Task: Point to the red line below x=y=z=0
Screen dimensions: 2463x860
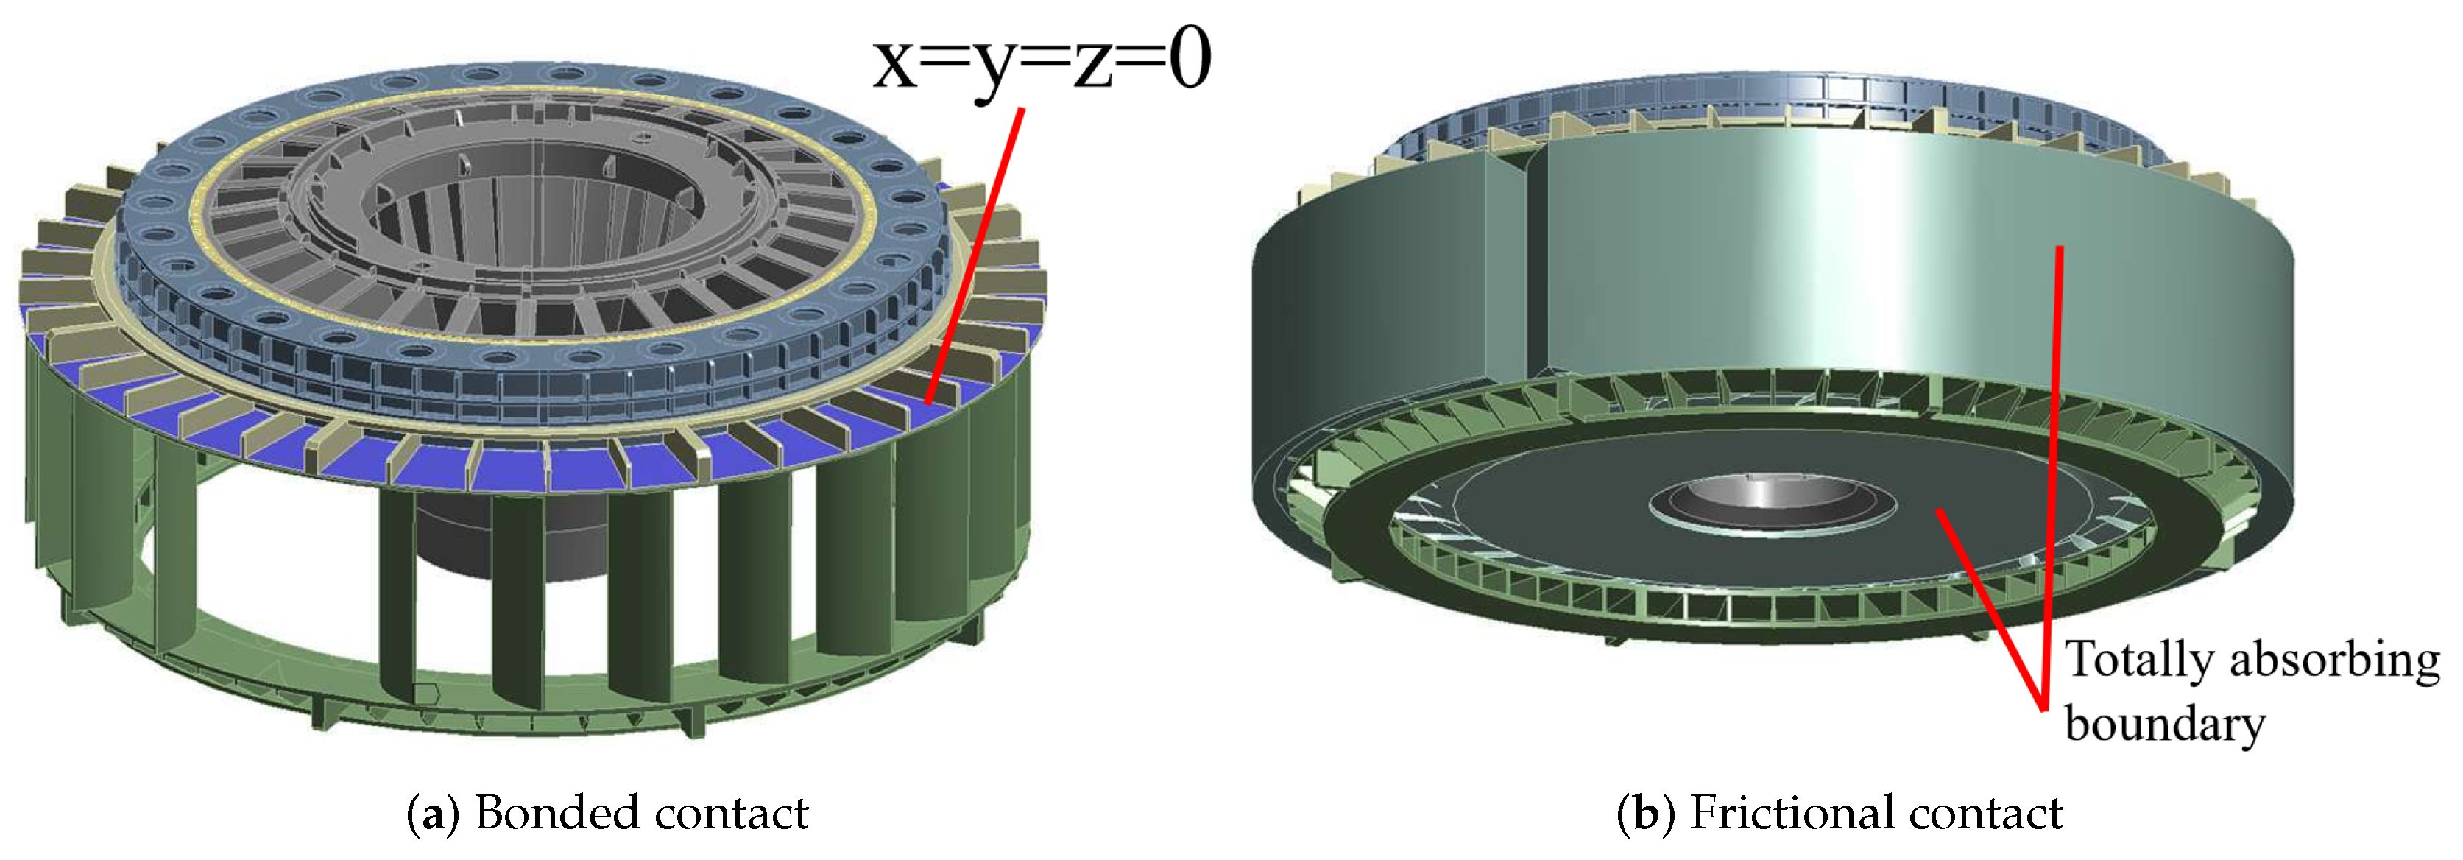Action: (975, 255)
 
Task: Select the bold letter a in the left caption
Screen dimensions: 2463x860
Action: (432, 815)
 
